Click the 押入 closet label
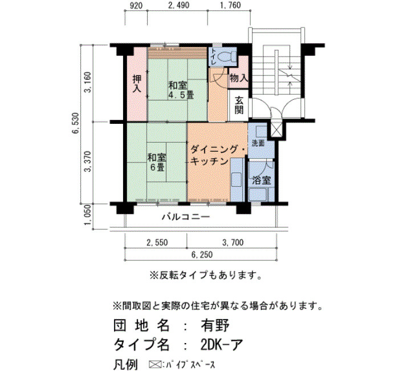137,83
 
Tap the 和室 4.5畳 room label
181,90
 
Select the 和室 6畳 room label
157,162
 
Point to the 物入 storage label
238,78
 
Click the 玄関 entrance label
239,105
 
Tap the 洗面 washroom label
258,143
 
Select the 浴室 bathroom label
261,180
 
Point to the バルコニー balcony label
186,217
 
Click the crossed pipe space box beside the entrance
276,130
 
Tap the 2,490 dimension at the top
179,5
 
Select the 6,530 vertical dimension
76,124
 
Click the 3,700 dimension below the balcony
233,243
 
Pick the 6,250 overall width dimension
202,255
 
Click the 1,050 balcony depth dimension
87,215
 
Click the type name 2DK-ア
221,345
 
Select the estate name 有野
215,325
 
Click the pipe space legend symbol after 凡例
155,364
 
